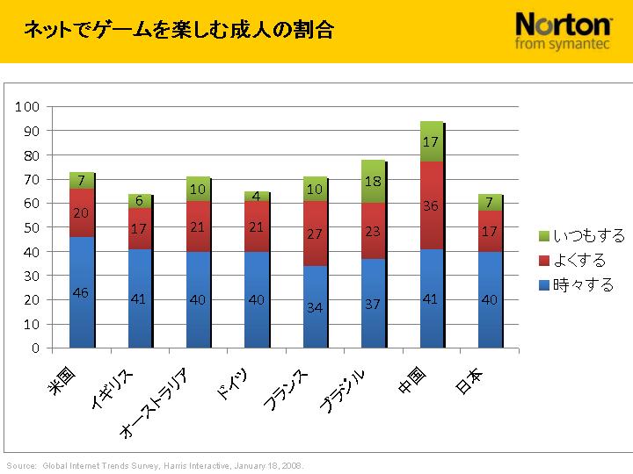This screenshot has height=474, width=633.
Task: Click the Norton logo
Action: (x=564, y=31)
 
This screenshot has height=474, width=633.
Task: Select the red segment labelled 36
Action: (x=431, y=206)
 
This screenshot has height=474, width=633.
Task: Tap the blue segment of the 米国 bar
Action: (x=81, y=292)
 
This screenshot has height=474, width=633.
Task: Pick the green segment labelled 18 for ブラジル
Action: (x=373, y=181)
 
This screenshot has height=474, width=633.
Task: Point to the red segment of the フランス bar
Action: (x=315, y=234)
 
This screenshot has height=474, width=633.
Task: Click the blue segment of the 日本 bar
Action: (x=490, y=299)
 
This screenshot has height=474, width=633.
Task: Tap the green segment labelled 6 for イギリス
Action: (x=139, y=201)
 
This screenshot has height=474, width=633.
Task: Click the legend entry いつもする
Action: (x=581, y=236)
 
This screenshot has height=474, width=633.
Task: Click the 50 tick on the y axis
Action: (x=31, y=227)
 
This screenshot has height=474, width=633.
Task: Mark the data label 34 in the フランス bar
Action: (x=315, y=307)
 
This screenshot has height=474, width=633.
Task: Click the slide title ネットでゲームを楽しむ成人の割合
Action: (x=178, y=31)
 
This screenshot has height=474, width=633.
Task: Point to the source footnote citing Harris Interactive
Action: (x=156, y=466)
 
